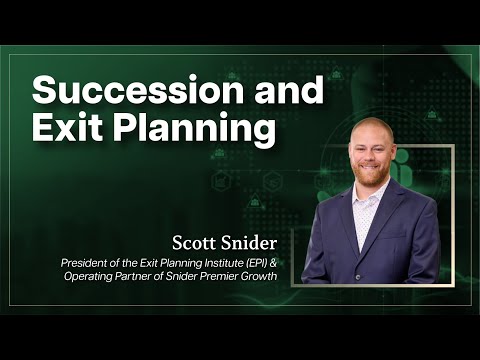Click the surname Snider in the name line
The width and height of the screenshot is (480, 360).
coord(251,242)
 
